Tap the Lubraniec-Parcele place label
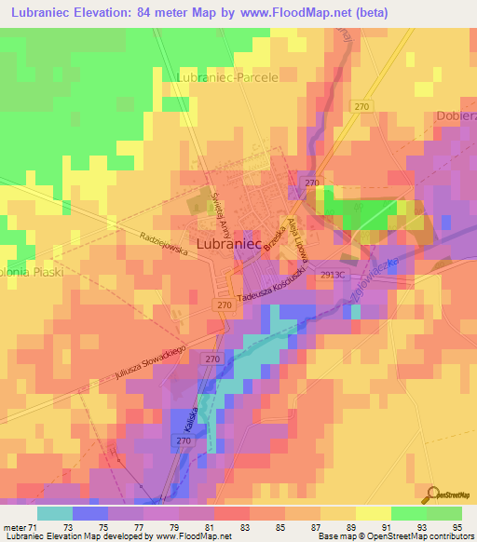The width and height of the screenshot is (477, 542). [x=227, y=77]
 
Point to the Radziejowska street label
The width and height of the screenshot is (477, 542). [x=163, y=243]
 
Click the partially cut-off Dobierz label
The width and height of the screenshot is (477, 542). [x=456, y=116]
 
